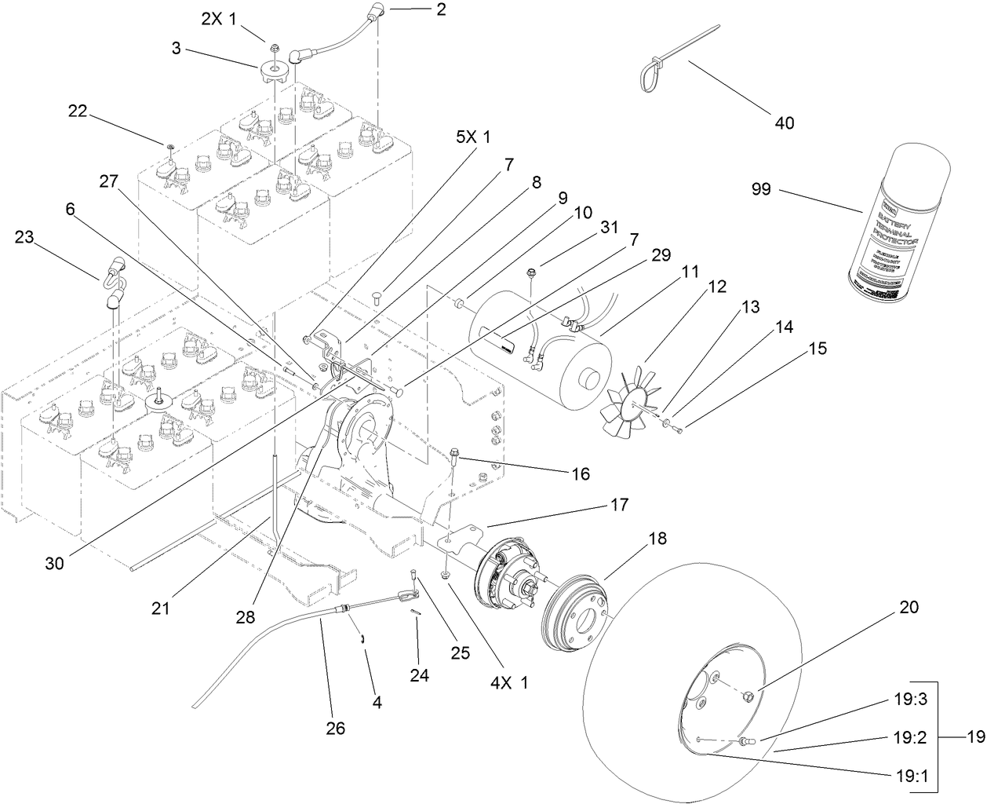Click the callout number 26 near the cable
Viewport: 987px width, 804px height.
pyautogui.click(x=336, y=728)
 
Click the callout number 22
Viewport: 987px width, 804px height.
pyautogui.click(x=78, y=111)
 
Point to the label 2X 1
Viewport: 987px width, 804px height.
pyautogui.click(x=219, y=20)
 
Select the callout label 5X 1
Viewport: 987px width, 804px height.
pyautogui.click(x=473, y=137)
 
